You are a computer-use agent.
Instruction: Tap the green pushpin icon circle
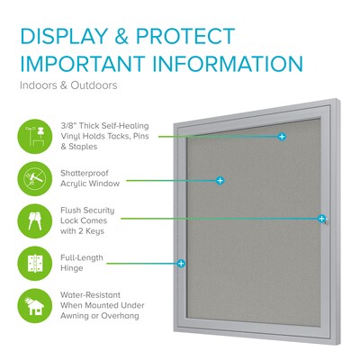(x=37, y=134)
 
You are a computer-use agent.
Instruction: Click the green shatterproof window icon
(x=37, y=178)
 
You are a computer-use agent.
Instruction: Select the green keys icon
(x=37, y=221)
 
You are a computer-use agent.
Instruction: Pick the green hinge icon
(x=37, y=264)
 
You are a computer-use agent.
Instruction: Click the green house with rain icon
(x=37, y=306)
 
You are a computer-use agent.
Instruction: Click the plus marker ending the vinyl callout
(x=282, y=137)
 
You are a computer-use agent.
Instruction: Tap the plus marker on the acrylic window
(x=220, y=181)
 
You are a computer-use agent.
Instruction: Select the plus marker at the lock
(x=321, y=219)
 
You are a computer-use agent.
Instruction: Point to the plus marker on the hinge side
(x=182, y=265)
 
